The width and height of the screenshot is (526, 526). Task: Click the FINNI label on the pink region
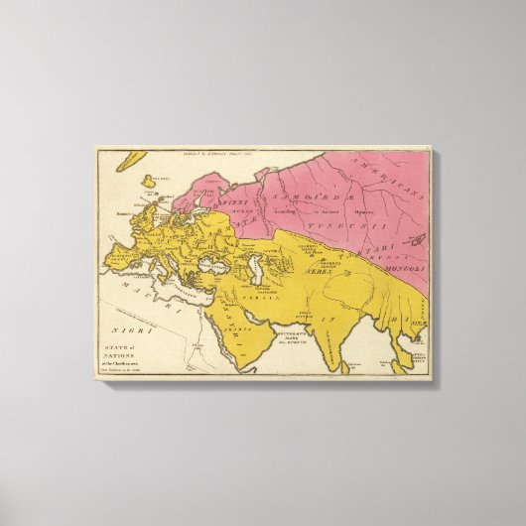218,211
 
